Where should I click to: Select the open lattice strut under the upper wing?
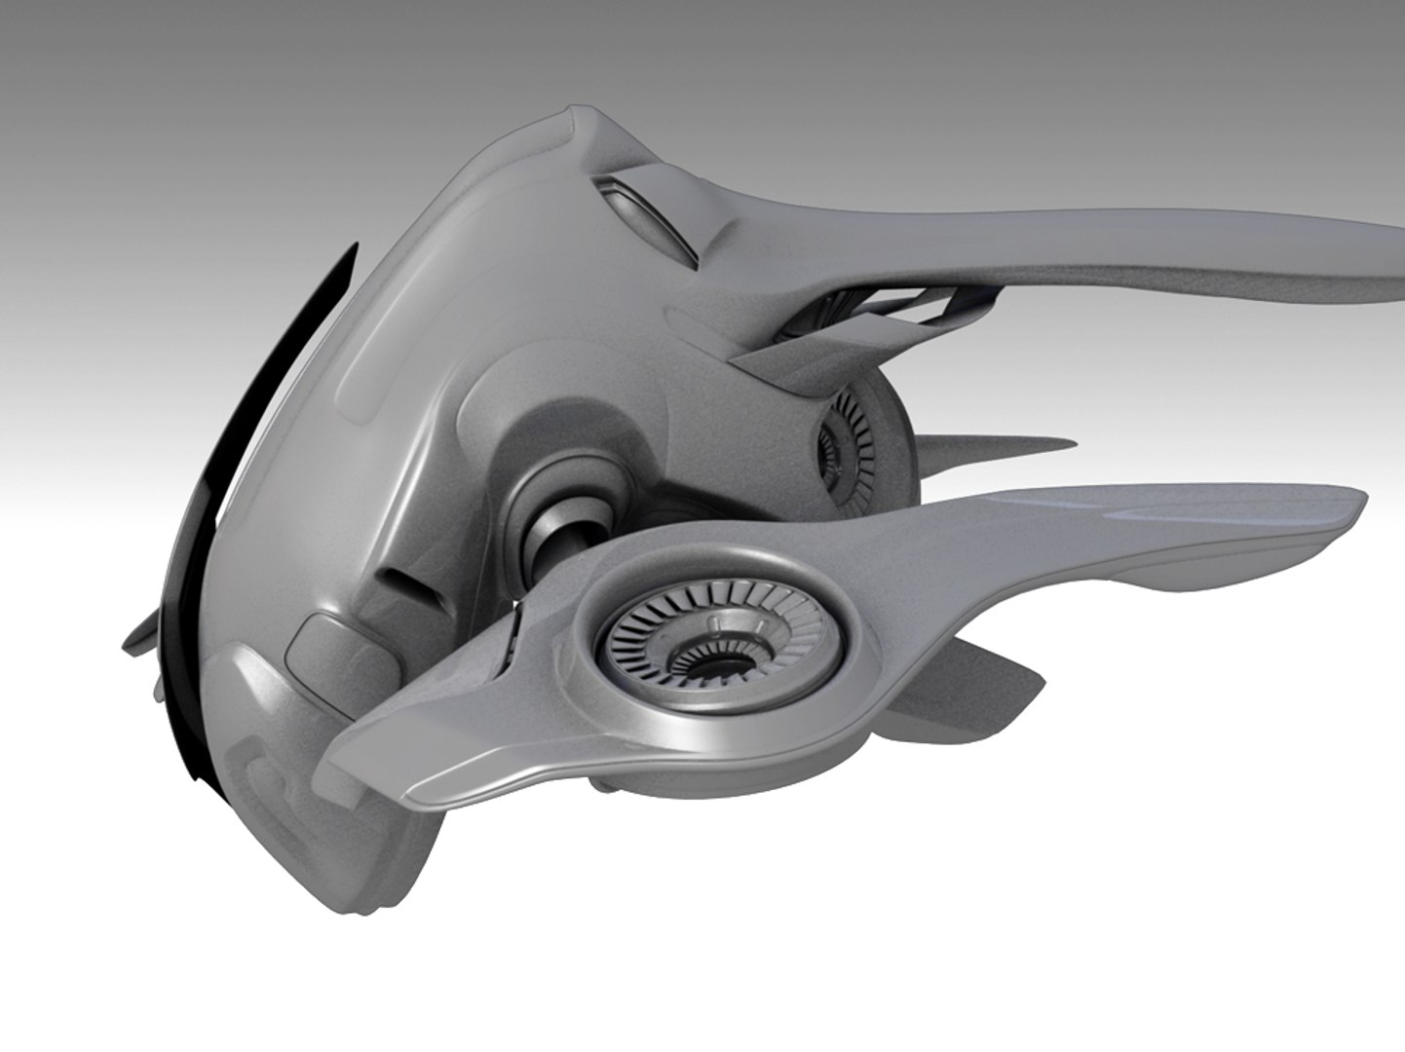[906, 302]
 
